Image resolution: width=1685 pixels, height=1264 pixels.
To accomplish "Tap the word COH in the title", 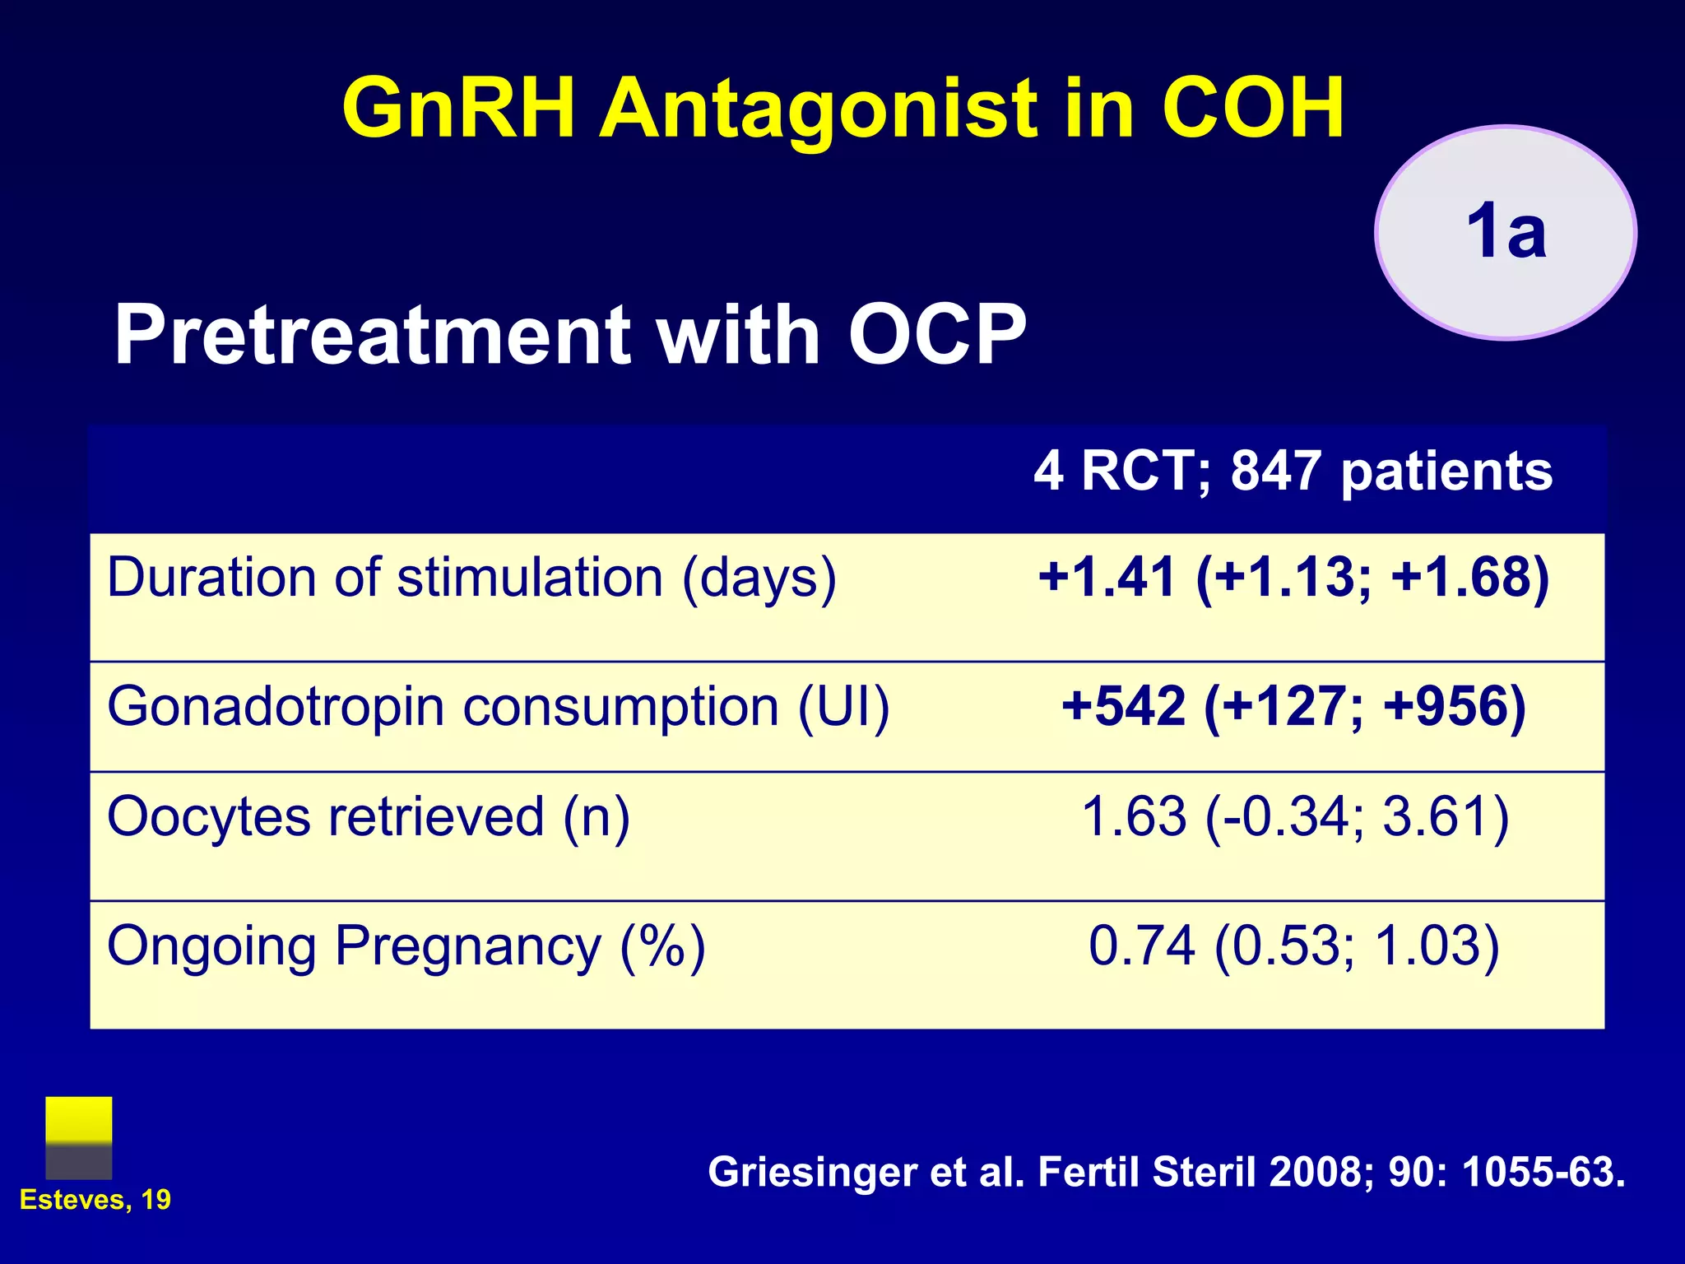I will [1252, 109].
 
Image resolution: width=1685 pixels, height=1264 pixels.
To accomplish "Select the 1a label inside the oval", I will [1506, 232].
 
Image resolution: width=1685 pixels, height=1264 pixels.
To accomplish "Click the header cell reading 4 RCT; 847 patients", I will [1293, 472].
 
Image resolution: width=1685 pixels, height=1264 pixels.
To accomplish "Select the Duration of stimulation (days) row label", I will [471, 578].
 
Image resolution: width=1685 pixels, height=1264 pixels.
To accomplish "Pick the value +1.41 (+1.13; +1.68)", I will [1293, 578].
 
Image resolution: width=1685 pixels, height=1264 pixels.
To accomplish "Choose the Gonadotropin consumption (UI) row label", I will [498, 707].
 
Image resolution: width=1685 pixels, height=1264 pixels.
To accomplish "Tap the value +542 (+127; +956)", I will [1293, 707].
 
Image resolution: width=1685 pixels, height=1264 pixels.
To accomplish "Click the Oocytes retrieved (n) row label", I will [368, 817].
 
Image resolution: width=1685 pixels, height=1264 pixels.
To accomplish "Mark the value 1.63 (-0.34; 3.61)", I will [1294, 817].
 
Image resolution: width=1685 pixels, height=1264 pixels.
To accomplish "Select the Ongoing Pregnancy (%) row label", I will [406, 946].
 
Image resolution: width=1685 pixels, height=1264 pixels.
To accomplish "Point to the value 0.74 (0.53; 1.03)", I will [1294, 946].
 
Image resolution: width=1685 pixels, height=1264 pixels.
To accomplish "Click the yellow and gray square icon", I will [79, 1137].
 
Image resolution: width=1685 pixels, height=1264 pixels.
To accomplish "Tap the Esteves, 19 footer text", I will [95, 1200].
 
